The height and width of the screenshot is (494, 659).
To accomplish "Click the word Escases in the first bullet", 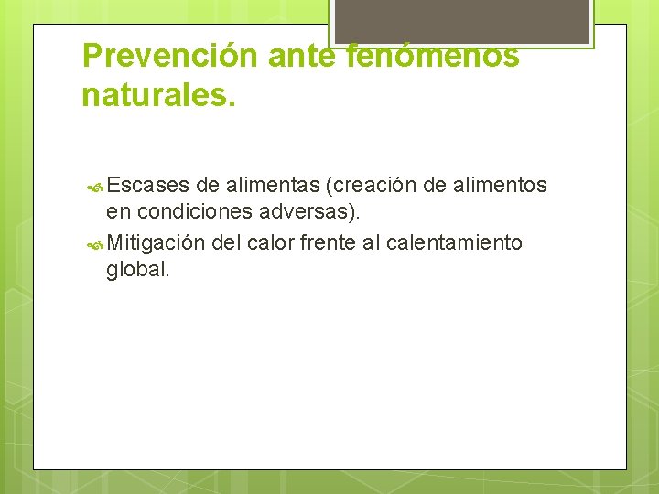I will (147, 186).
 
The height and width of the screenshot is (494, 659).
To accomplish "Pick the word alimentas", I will (272, 186).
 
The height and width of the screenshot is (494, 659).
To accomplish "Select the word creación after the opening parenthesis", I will (376, 186).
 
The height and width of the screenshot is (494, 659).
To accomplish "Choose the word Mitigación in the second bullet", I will (156, 242).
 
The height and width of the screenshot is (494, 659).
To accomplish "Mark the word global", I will (138, 271).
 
